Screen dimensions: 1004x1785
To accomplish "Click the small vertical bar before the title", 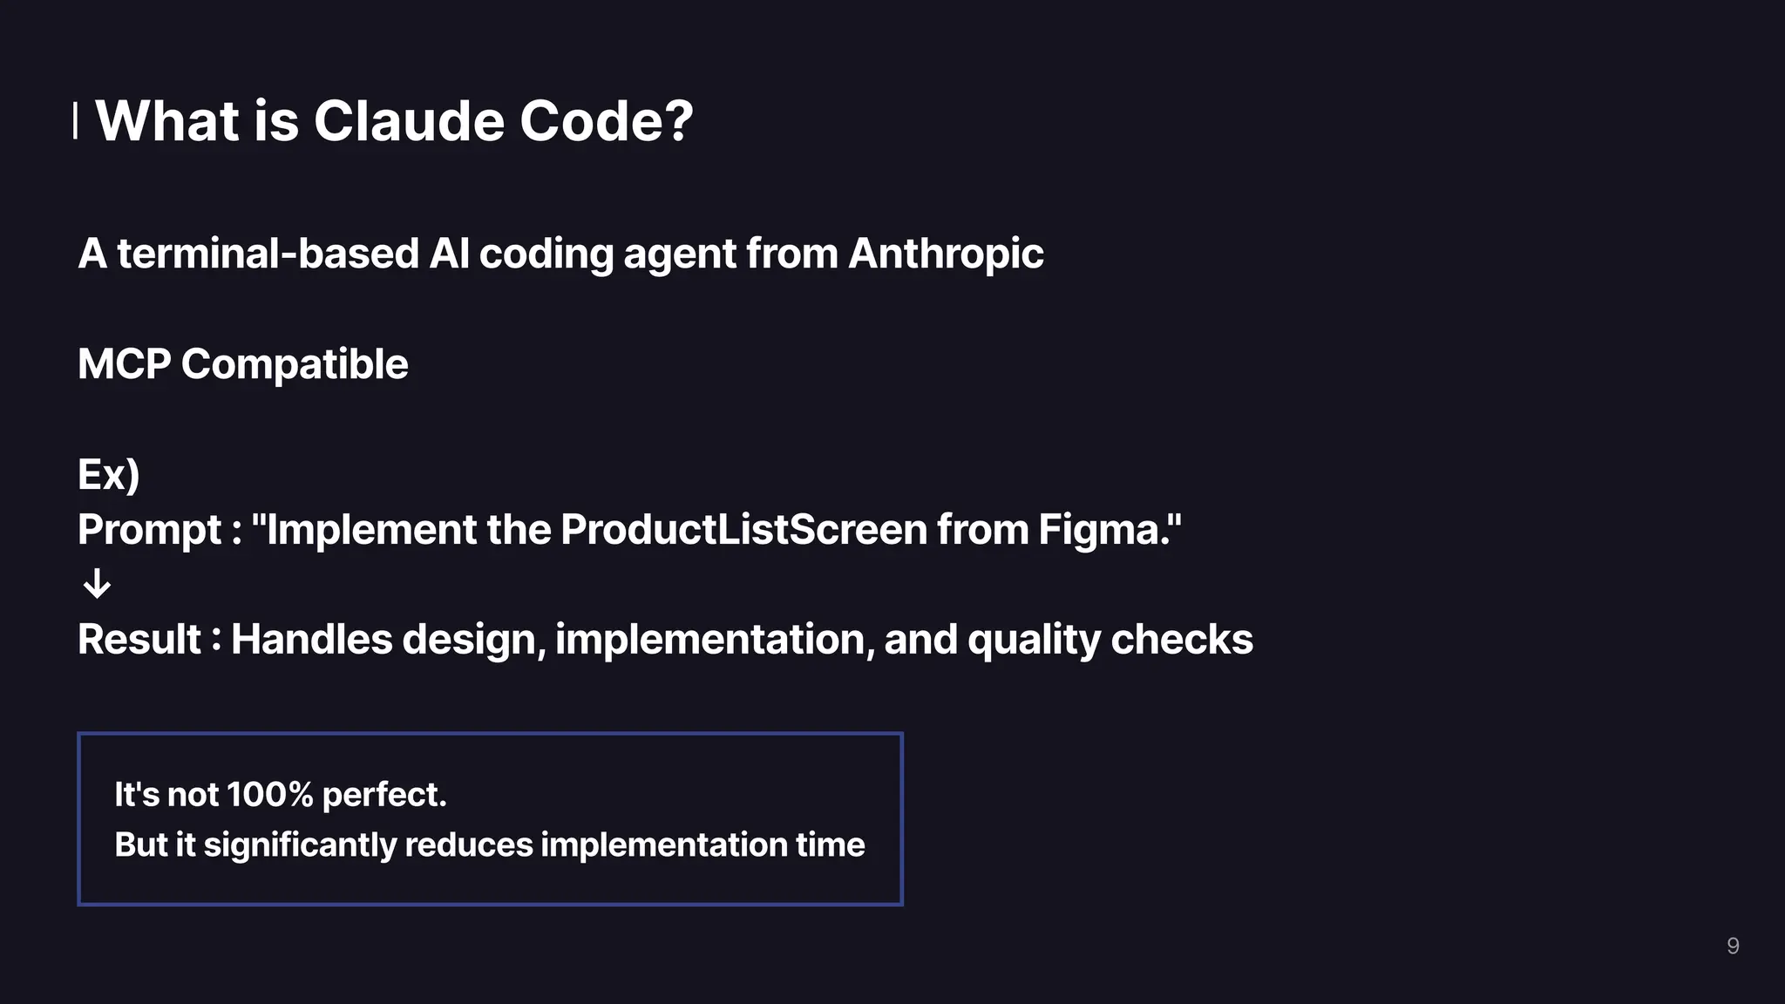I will pos(76,120).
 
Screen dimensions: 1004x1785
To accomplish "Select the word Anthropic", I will pos(946,254).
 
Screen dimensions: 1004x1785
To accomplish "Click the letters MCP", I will pos(124,364).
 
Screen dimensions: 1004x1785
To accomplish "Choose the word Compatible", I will pos(295,364).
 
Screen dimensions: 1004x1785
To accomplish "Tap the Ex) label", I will pos(109,475).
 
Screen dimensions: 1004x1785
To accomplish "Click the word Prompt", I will pos(150,530).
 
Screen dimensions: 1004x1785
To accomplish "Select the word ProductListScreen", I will pos(743,530).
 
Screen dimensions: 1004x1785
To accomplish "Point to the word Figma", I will pos(1103,530).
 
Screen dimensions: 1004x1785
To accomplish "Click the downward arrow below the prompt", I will pos(97,584).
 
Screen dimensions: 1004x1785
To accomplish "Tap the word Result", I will pos(139,640).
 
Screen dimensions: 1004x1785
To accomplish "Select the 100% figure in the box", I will pos(269,795).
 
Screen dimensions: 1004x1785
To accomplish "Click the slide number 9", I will pos(1733,946).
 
